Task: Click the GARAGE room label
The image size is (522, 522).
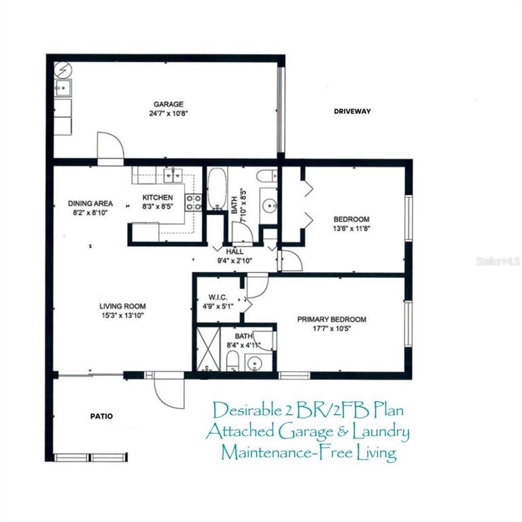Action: [x=169, y=104]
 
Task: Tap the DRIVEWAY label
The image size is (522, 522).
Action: [x=352, y=111]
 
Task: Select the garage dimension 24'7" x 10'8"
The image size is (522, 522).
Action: [x=169, y=114]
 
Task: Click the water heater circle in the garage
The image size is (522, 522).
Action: [x=63, y=70]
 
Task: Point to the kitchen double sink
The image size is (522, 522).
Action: [x=173, y=175]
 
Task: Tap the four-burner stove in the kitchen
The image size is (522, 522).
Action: [x=194, y=203]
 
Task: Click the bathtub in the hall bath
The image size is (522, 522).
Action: [x=217, y=189]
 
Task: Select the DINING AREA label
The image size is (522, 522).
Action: [x=90, y=203]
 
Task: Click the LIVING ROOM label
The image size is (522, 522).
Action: [x=122, y=307]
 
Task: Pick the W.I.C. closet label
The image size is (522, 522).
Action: [x=218, y=297]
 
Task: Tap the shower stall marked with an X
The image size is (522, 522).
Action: [x=209, y=349]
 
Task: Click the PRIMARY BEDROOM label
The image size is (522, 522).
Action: [x=332, y=319]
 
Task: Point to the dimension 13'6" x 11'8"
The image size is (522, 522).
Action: [x=351, y=228]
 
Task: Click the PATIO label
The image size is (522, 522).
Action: [x=101, y=416]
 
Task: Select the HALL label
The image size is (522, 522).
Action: [x=234, y=251]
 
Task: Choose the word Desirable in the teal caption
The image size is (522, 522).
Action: [x=247, y=410]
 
